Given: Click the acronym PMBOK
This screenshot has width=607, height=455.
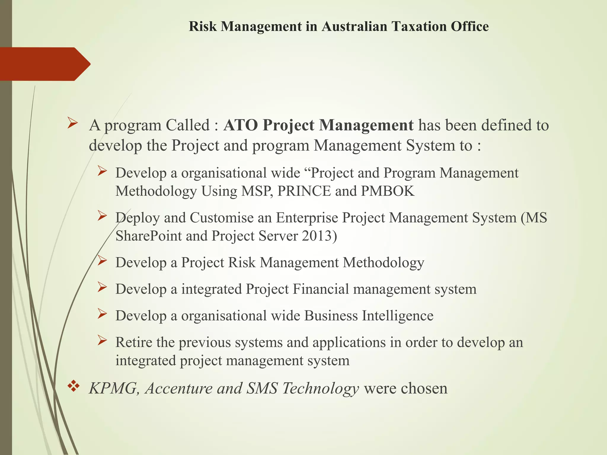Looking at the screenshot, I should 387,191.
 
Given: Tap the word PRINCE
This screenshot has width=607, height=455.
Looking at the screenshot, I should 304,191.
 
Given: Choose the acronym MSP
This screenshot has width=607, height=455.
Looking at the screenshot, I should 257,191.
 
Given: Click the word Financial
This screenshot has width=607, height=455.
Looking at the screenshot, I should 321,289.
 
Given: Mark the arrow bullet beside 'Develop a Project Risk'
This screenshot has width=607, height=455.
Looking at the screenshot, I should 102,261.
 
